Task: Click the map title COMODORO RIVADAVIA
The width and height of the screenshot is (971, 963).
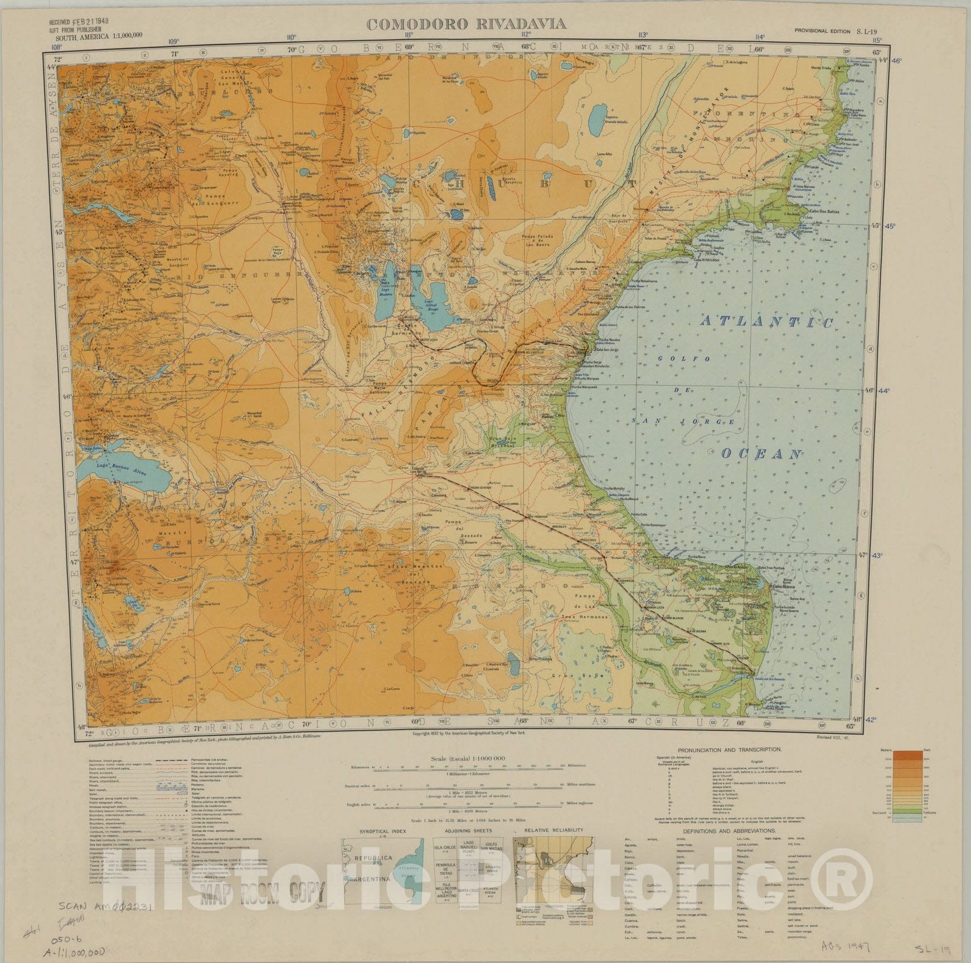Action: tap(466, 25)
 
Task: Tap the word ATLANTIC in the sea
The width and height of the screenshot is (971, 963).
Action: tap(766, 322)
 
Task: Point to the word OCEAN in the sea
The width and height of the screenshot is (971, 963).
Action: tap(762, 454)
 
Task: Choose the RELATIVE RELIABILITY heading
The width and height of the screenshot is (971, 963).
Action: tap(553, 830)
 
